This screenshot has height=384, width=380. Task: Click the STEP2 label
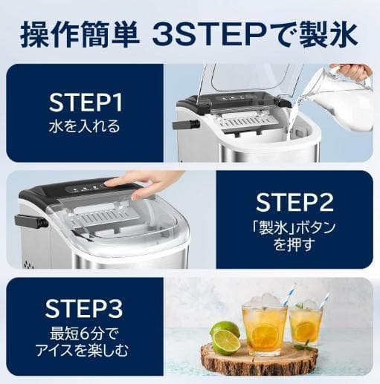tap(293, 202)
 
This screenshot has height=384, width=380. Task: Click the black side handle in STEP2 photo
tap(30, 221)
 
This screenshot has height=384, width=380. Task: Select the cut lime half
tap(226, 342)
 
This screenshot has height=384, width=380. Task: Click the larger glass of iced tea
tap(264, 327)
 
